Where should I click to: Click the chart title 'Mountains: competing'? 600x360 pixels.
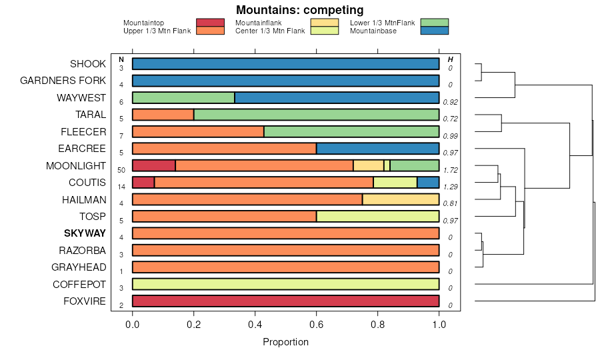point(299,10)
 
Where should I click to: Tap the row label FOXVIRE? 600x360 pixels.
point(85,301)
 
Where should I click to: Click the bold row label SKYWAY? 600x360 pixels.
point(85,233)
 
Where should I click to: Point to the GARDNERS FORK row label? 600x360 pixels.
point(63,81)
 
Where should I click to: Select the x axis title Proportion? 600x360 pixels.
point(286,343)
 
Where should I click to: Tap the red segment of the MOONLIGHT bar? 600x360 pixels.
point(153,165)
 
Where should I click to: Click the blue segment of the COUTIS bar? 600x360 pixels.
point(428,182)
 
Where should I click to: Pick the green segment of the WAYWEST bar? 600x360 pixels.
point(183,98)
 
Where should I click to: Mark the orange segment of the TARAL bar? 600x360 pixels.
point(163,115)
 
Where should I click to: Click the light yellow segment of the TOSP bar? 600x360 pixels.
point(377,216)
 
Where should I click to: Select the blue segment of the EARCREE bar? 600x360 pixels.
point(377,149)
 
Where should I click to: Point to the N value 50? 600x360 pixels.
point(121,170)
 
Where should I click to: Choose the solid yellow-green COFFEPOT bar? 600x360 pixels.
point(285,284)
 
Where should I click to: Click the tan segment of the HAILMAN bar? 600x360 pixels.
point(400,199)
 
